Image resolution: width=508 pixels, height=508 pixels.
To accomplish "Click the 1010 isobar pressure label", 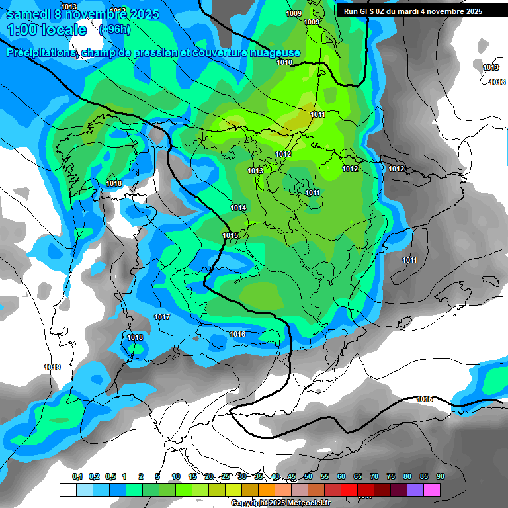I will tap(284, 63).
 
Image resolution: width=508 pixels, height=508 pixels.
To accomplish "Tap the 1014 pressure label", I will tap(238, 208).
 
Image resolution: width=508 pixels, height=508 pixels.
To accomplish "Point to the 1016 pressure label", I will tap(237, 335).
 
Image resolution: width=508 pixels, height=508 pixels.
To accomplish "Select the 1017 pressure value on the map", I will tap(162, 317).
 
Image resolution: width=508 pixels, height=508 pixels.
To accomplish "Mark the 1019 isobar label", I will tap(52, 367).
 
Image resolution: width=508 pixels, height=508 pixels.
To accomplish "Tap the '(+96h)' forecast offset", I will tap(114, 30).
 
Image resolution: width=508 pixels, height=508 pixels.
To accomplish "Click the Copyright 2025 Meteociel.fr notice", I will tap(281, 503).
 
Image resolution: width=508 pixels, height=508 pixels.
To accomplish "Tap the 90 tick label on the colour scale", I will tap(440, 477).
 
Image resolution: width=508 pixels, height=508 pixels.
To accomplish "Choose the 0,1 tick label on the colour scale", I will tap(77, 477).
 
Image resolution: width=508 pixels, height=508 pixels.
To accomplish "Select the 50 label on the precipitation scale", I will tap(308, 477).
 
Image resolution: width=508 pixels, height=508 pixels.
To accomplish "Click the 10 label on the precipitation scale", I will tap(176, 477).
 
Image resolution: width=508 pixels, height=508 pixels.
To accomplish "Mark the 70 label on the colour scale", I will tap(374, 477).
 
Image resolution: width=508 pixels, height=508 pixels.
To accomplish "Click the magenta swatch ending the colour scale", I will tap(432, 490).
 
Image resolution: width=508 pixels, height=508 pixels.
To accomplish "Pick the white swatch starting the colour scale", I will tap(67, 490).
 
